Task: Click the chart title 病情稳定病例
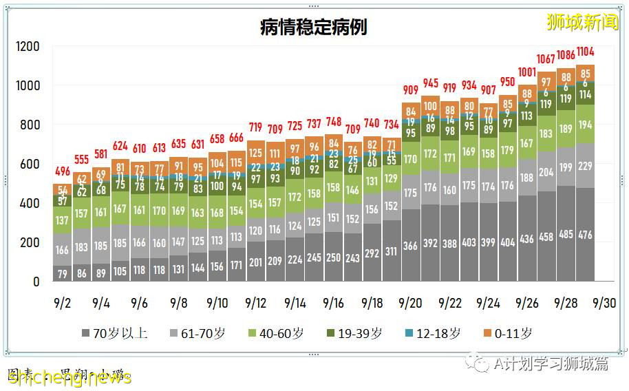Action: (314, 27)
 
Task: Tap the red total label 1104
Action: (586, 52)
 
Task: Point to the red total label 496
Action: (62, 172)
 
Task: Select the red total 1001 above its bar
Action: (527, 72)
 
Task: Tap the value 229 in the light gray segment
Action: (586, 167)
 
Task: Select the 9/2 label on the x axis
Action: (62, 303)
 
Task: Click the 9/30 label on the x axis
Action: (605, 303)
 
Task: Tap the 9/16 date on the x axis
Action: (334, 303)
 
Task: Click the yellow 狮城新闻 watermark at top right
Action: (582, 23)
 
